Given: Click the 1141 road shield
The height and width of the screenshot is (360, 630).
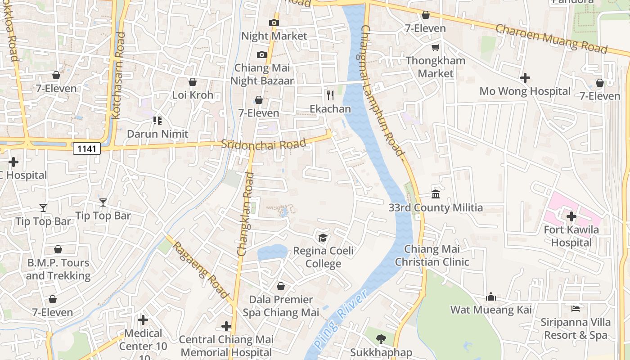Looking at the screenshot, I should click(86, 148).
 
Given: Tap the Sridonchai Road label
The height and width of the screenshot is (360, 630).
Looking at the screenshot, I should click(264, 144).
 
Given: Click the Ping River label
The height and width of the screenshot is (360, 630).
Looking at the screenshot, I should click(341, 319).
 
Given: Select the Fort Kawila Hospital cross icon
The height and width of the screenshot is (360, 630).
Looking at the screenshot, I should click(571, 216).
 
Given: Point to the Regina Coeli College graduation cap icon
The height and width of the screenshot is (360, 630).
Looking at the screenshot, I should click(323, 238).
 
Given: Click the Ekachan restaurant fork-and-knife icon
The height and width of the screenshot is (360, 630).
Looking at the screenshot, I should click(330, 95).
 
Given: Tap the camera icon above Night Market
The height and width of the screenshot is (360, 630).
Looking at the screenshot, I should click(274, 22).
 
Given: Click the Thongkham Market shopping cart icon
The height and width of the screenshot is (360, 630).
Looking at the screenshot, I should click(435, 47).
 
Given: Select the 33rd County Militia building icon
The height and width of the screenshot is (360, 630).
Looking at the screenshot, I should click(436, 194).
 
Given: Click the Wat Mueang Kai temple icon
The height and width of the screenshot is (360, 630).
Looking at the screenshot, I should click(491, 297).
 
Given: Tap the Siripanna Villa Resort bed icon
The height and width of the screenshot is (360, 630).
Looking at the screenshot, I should click(575, 309).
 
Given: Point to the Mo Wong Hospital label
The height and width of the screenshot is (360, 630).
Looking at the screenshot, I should click(525, 91).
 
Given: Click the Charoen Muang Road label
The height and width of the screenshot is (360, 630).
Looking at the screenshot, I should click(551, 39).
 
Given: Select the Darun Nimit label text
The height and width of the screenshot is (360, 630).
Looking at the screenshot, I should click(157, 134).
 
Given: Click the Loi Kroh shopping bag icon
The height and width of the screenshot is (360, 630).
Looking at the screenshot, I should click(193, 82).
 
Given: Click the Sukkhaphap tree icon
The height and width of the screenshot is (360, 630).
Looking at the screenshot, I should click(381, 339).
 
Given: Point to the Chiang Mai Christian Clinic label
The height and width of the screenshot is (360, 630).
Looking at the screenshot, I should click(432, 256).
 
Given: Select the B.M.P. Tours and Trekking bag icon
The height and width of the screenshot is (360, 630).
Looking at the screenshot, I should click(58, 249).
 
